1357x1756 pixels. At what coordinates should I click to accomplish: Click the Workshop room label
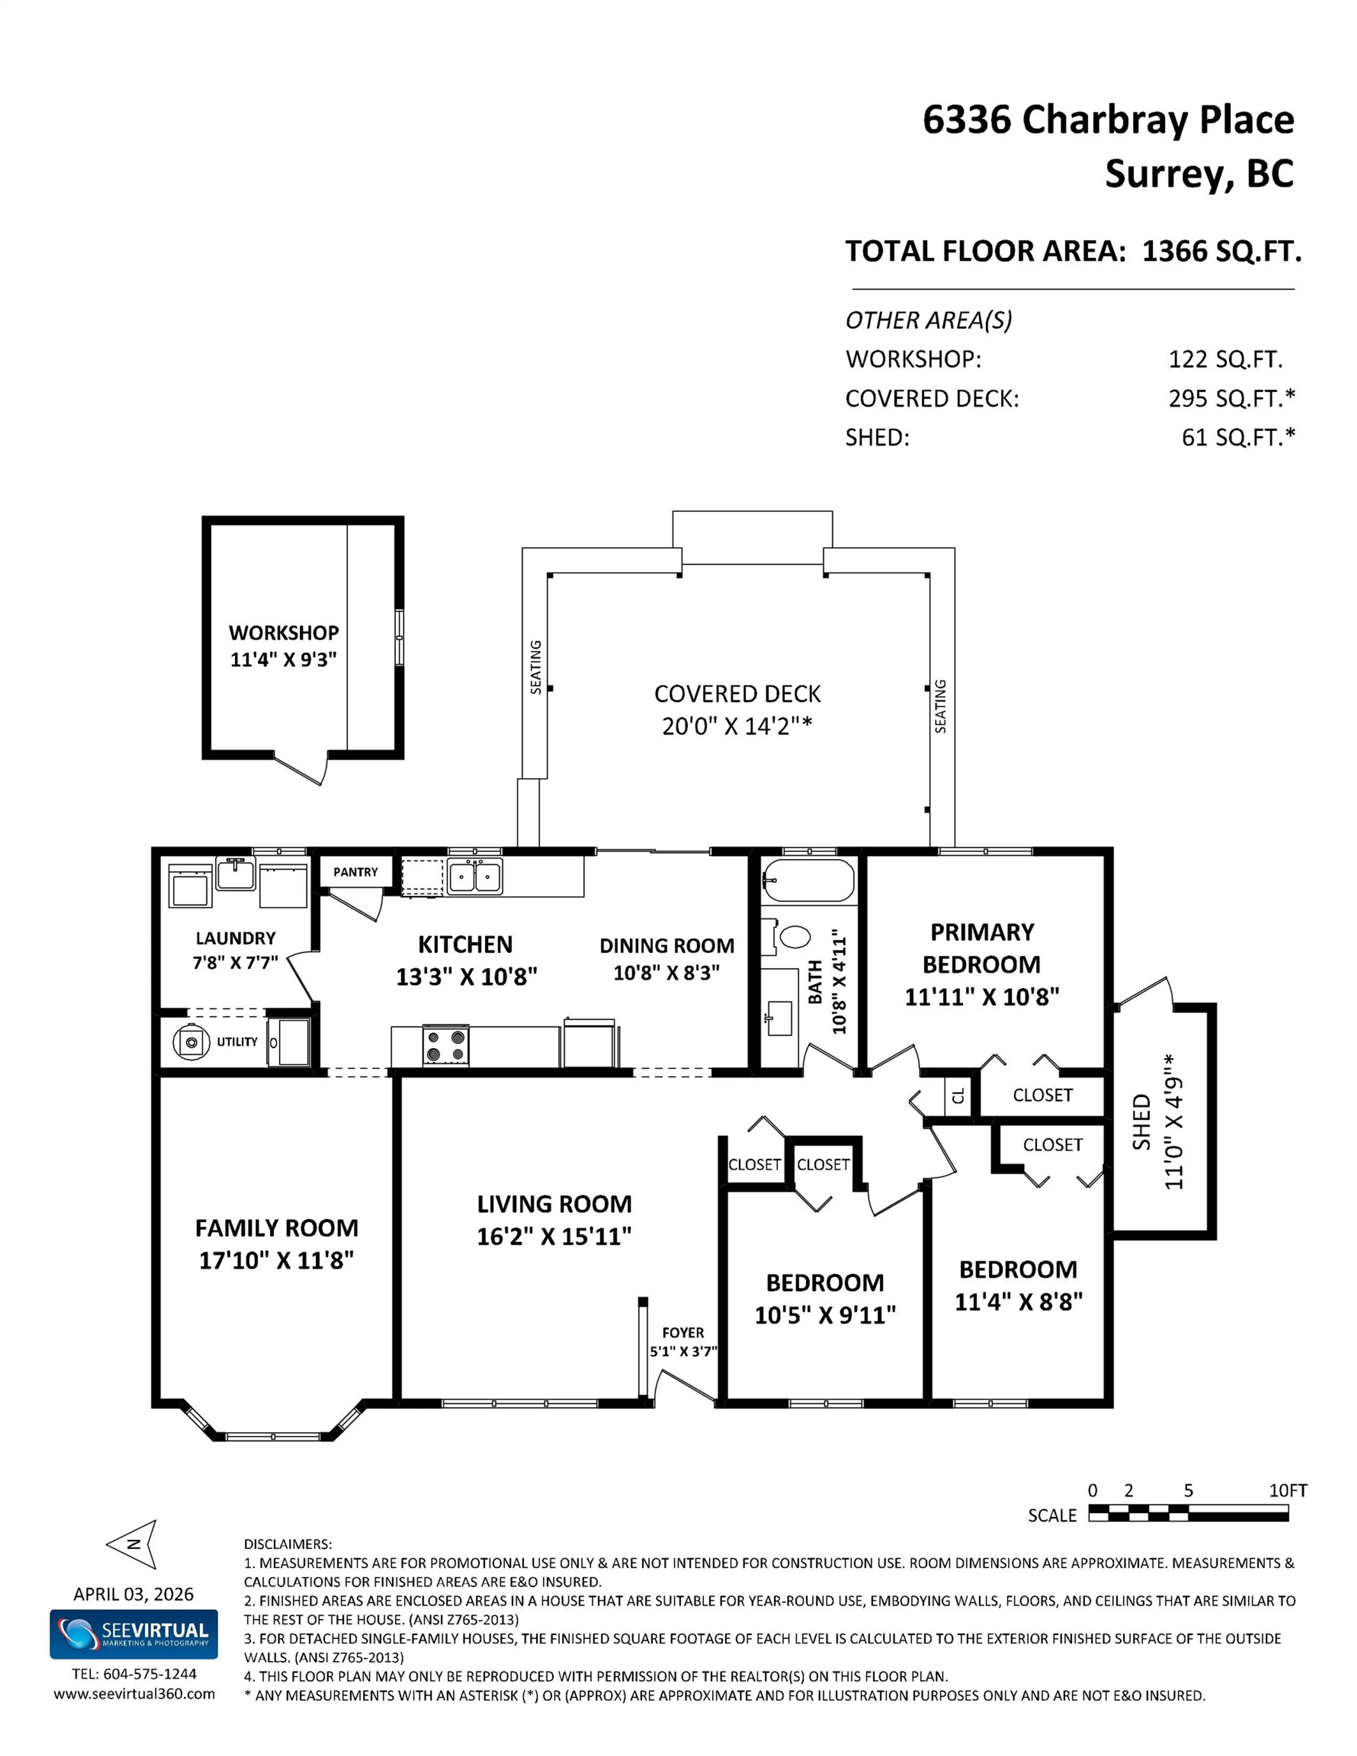283,633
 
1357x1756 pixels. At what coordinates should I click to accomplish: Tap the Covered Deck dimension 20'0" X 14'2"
737,726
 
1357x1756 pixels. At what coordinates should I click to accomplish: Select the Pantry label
356,872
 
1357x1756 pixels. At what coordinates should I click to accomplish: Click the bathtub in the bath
807,881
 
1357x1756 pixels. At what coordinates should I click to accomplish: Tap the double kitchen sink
475,876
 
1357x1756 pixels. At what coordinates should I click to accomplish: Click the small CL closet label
958,1095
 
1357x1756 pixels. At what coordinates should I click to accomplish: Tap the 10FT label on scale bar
1288,1490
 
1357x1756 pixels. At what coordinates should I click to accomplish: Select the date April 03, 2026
134,1593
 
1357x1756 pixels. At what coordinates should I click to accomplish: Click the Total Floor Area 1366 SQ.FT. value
1221,252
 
